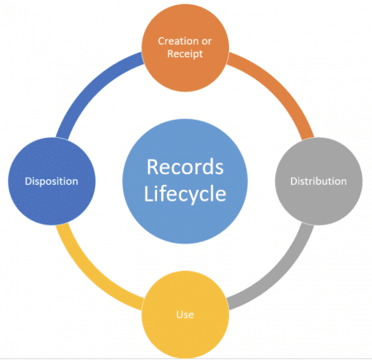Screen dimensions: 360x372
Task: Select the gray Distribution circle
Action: [317, 180]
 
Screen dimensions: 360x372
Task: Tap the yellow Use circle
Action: [185, 314]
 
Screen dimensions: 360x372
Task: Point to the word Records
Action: [185, 167]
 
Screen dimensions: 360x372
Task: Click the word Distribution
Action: [318, 180]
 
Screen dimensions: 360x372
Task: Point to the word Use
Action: [185, 314]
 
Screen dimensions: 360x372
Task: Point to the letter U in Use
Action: [179, 314]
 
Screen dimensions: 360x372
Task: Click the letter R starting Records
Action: [151, 167]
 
